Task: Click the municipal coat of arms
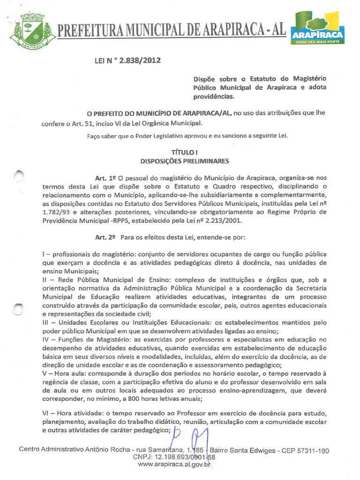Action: [x=32, y=30]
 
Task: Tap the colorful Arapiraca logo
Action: [x=318, y=28]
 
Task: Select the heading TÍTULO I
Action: [x=184, y=152]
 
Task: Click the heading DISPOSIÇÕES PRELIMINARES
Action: [x=184, y=161]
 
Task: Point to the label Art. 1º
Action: [x=105, y=178]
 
